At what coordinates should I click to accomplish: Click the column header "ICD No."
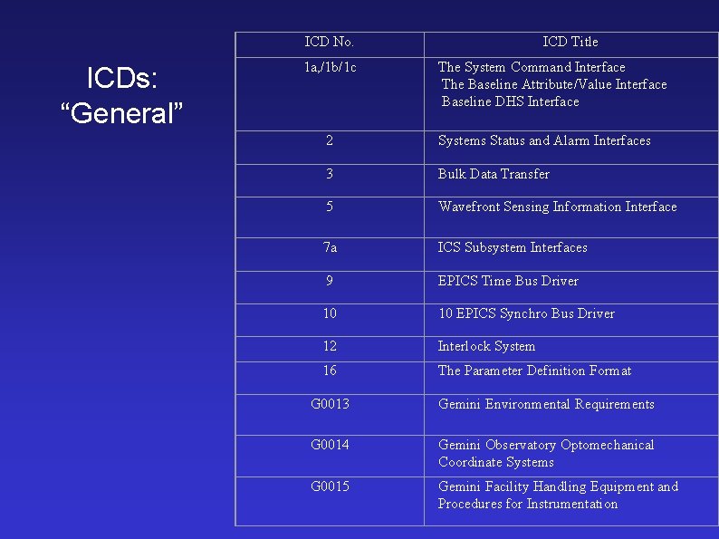coord(330,42)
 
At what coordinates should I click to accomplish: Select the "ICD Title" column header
coord(570,42)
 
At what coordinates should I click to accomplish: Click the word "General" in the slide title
coord(121,114)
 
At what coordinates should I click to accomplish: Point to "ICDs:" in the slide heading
coord(121,79)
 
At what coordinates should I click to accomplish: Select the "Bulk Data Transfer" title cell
coord(494,174)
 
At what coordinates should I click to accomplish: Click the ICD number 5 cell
coord(330,207)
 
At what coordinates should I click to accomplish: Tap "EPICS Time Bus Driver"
coord(508,281)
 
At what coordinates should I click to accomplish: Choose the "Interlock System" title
coord(486,346)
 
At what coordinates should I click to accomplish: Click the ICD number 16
coord(330,371)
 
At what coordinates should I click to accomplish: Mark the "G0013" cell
coord(330,404)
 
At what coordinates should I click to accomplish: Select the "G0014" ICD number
coord(330,445)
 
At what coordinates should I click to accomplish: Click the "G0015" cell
coord(330,486)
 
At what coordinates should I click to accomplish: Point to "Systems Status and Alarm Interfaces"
coord(544,140)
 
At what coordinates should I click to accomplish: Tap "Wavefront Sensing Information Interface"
coord(557,207)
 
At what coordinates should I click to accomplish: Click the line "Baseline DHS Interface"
coord(510,101)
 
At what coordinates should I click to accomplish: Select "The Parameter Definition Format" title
coord(534,371)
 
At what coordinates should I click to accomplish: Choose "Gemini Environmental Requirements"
coord(546,404)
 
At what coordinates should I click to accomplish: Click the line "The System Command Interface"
coord(532,67)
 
